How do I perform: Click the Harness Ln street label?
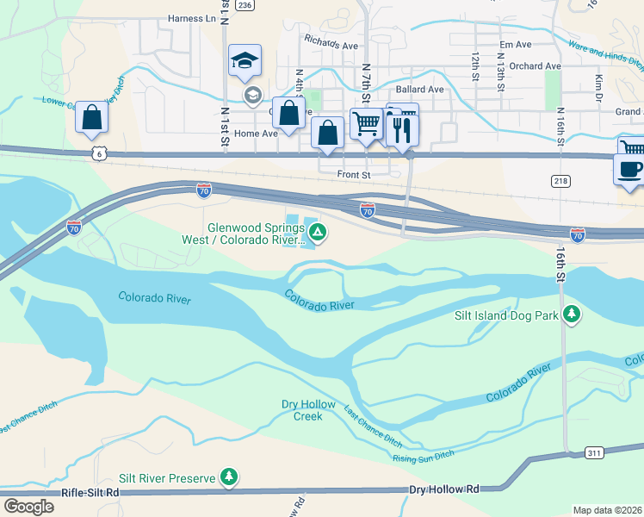[x=192, y=18]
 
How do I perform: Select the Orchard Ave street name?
[x=535, y=65]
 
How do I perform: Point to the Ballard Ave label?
[x=419, y=89]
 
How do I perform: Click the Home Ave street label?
[x=256, y=134]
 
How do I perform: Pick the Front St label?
[x=353, y=174]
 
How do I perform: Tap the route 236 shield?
[x=245, y=5]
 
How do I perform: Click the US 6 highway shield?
[x=100, y=153]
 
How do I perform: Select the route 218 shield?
[x=560, y=180]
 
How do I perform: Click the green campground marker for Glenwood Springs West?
[x=318, y=232]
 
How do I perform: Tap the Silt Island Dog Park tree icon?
[x=571, y=315]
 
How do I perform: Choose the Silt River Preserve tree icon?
[x=228, y=476]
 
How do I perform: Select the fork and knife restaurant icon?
[x=403, y=128]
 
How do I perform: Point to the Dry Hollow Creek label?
[x=301, y=410]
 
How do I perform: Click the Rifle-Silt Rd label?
[x=90, y=493]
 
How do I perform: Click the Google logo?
[x=28, y=507]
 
